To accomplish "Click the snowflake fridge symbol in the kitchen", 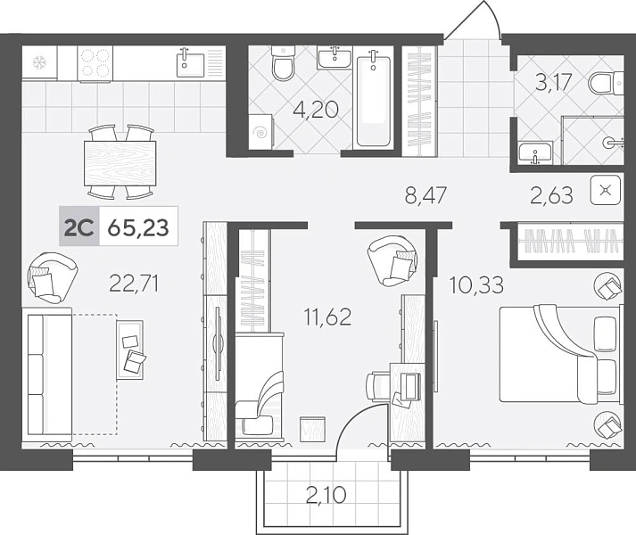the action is coord(39,62).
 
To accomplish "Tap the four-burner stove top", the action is coord(95,63).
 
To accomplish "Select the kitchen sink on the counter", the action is coord(190,62).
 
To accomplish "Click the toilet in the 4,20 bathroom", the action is coord(284,62).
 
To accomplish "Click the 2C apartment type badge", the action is coord(79,226).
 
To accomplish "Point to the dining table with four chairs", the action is coord(120,162).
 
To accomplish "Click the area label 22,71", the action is coord(134,283).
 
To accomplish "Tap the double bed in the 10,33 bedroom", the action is coord(561,354).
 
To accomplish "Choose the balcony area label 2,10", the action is coord(326,495).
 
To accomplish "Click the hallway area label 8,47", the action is coord(425,195).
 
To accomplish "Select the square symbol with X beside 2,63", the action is coord(606,190).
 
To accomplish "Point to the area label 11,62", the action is coord(328,317).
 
